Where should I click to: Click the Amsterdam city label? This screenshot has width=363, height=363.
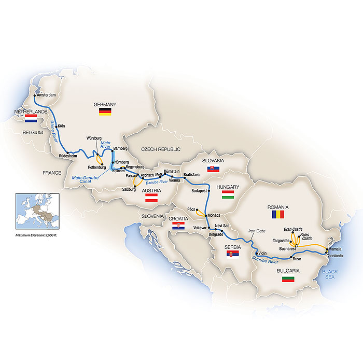(46, 95)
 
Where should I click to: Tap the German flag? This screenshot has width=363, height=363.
(105, 111)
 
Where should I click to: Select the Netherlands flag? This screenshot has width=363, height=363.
(31, 119)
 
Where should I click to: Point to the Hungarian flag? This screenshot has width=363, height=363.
(228, 194)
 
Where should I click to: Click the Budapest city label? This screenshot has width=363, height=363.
(200, 191)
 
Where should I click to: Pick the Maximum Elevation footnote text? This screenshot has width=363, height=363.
(36, 236)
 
